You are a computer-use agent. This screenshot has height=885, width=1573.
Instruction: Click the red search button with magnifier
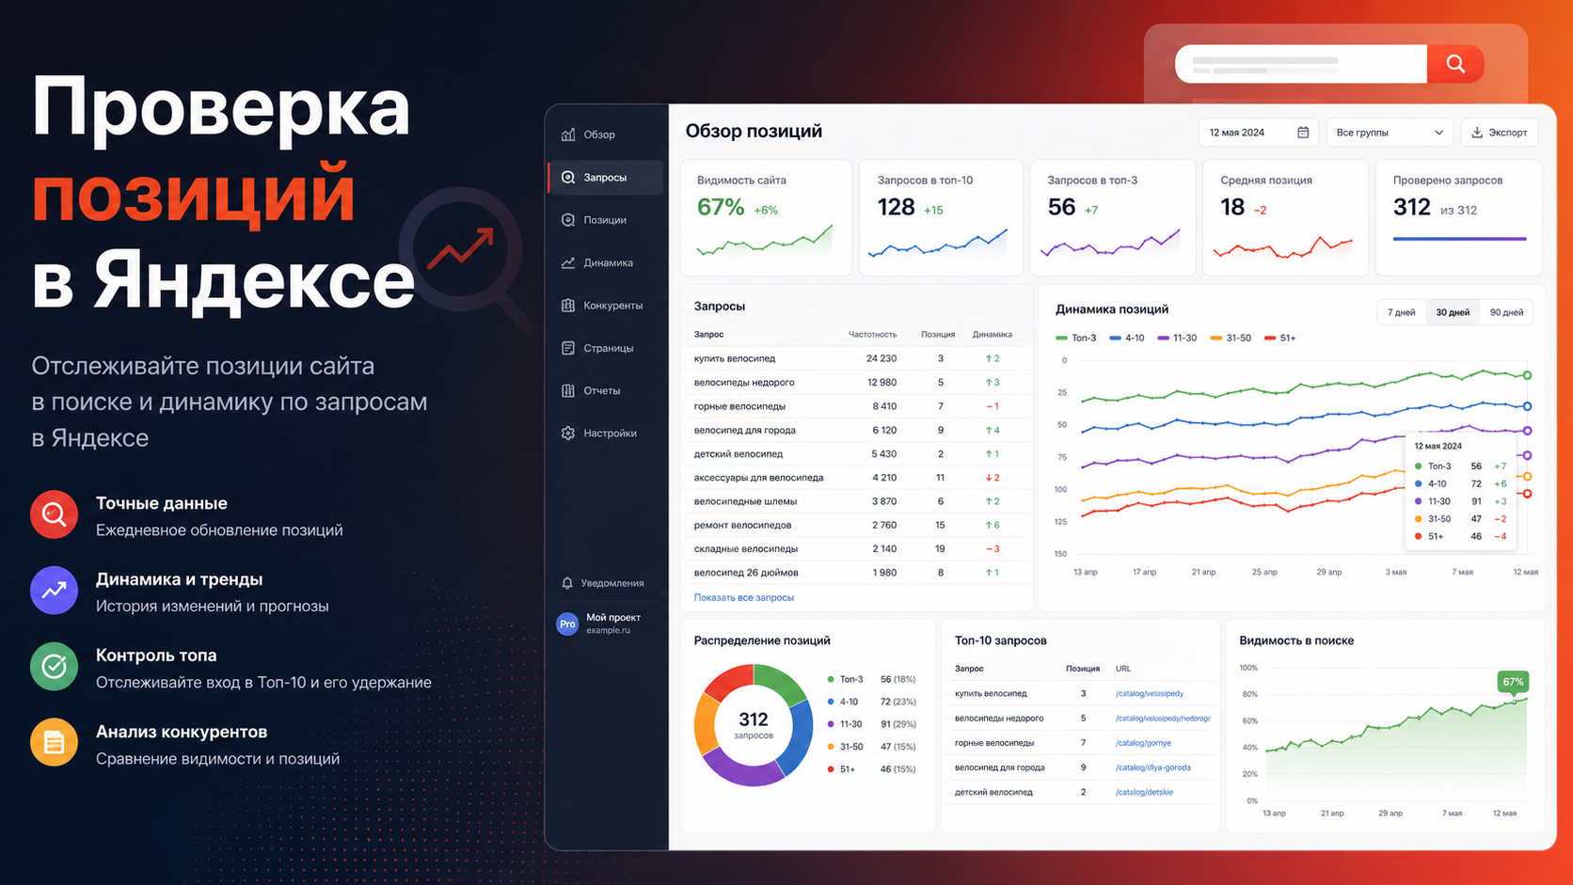point(1455,64)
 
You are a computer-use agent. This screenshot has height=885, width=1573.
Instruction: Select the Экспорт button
point(1500,133)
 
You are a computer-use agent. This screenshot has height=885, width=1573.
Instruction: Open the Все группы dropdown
point(1389,133)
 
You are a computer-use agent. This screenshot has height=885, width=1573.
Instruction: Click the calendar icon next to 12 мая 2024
point(1303,133)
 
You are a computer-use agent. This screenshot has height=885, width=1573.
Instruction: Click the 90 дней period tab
point(1506,312)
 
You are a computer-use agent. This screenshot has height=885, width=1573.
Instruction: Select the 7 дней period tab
point(1401,312)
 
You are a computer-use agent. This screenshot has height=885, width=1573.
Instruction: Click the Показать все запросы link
point(743,598)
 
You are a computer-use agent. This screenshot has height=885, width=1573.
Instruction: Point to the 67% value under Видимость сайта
point(720,207)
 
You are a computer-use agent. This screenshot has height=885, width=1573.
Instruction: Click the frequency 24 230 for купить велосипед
point(882,358)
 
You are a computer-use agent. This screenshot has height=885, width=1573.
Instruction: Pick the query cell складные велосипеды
point(746,549)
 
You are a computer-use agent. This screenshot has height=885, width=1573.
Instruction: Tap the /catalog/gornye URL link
point(1143,743)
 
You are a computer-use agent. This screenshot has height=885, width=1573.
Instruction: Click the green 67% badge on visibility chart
point(1513,682)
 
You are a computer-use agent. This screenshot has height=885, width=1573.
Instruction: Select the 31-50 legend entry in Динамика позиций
point(1231,339)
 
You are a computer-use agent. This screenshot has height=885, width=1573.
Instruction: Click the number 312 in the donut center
point(754,719)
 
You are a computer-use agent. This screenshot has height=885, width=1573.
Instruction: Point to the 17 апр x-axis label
point(1145,572)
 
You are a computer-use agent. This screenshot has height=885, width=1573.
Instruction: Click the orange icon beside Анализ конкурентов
point(54,742)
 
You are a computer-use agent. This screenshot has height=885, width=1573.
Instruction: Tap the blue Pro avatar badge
point(567,624)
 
